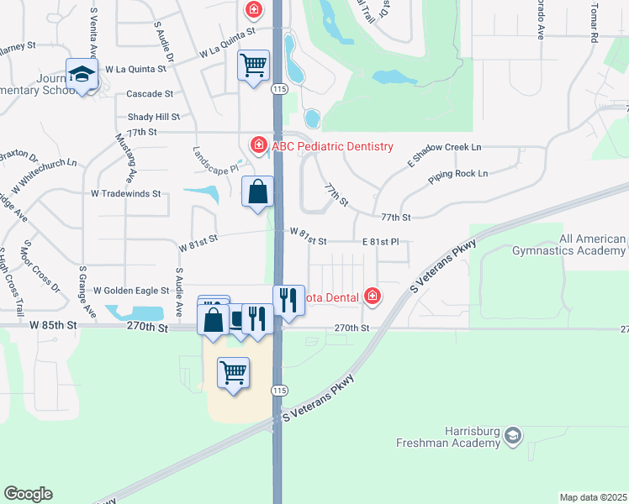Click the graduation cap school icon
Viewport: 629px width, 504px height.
click(82, 76)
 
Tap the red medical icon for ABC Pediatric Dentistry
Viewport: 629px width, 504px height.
click(258, 145)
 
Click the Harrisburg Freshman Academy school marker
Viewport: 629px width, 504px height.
click(513, 436)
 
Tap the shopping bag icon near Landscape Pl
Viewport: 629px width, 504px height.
click(258, 192)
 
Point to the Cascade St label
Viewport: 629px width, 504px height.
click(150, 94)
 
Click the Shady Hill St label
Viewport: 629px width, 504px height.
click(154, 117)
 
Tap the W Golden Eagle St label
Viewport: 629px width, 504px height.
click(131, 291)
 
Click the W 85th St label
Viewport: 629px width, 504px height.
click(52, 324)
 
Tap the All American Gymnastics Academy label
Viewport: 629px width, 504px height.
click(568, 244)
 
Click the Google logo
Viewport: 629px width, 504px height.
click(28, 494)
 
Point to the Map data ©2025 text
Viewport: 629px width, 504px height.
click(592, 497)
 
